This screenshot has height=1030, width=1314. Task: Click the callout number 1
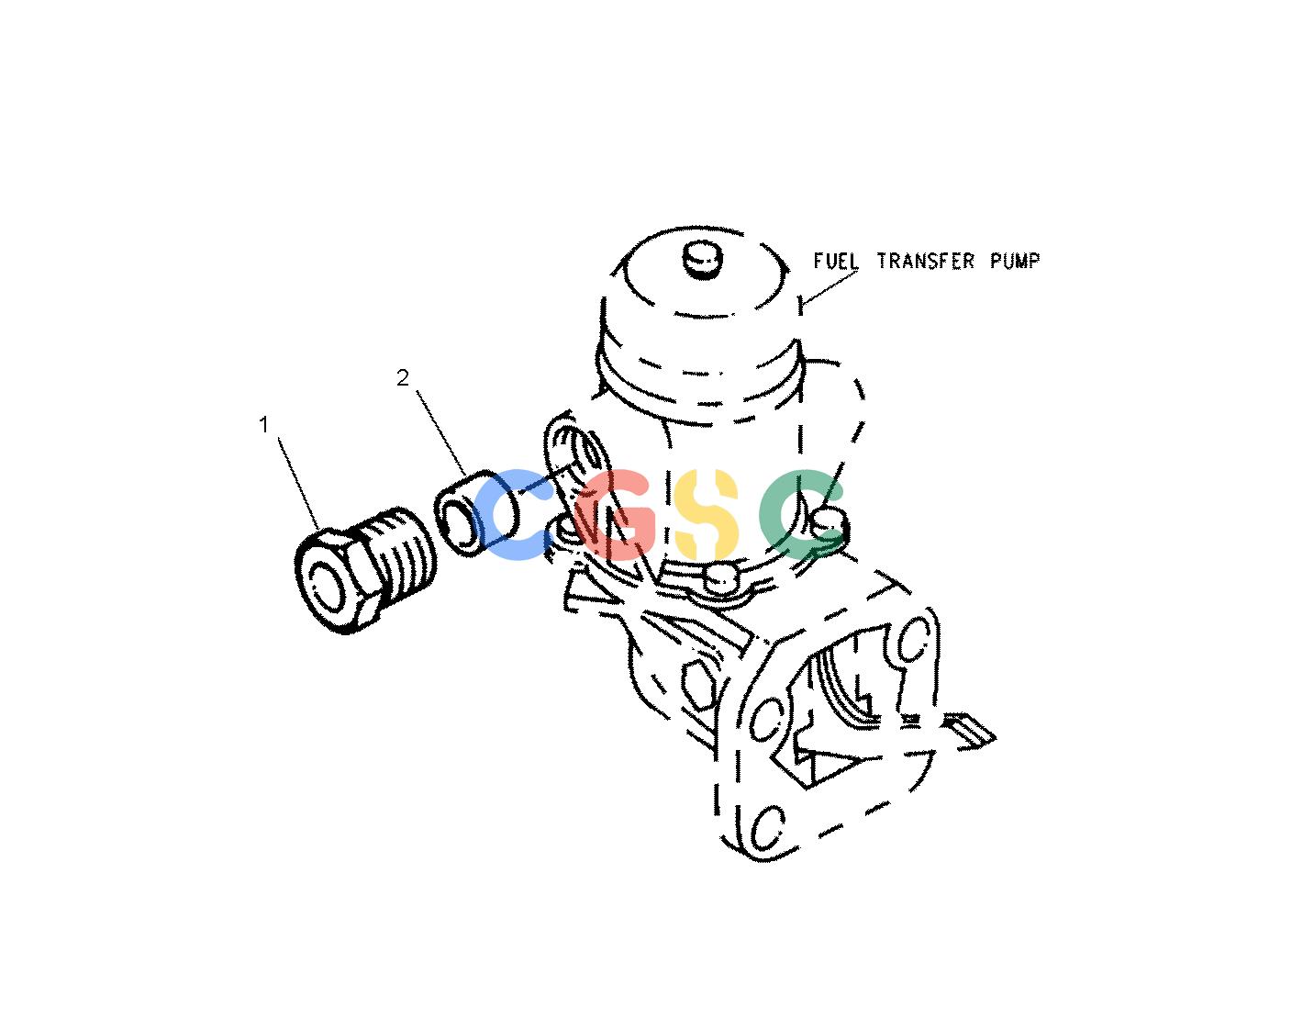[x=263, y=425]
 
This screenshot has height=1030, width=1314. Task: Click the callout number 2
[x=403, y=378]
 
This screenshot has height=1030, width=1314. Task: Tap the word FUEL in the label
[x=835, y=262]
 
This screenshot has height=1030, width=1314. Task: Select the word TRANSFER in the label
[x=926, y=262]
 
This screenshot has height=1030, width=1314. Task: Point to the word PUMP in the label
[x=1015, y=262]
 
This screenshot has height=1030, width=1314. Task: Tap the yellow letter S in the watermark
[x=706, y=514]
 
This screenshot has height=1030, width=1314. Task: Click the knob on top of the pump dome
[x=703, y=260]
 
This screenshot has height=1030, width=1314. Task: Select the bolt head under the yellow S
[x=718, y=579]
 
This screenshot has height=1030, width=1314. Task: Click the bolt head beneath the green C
[x=829, y=525]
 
